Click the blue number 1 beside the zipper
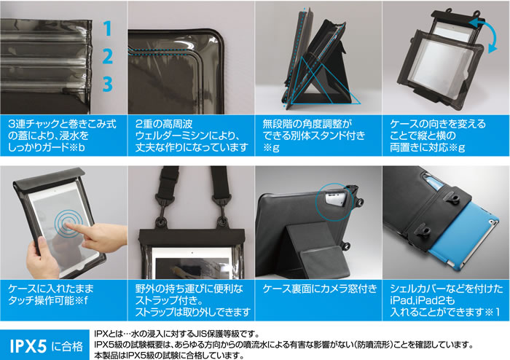(x=109, y=28)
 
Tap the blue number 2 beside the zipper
(x=108, y=56)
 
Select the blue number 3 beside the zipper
(x=108, y=84)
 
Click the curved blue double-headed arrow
(x=485, y=34)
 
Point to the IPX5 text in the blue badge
(x=28, y=346)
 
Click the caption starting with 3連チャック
(x=62, y=136)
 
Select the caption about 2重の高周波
(x=192, y=136)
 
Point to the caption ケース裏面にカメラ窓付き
(x=320, y=289)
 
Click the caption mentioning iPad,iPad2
(x=446, y=300)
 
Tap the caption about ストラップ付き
(x=192, y=300)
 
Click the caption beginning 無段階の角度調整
(x=314, y=136)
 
